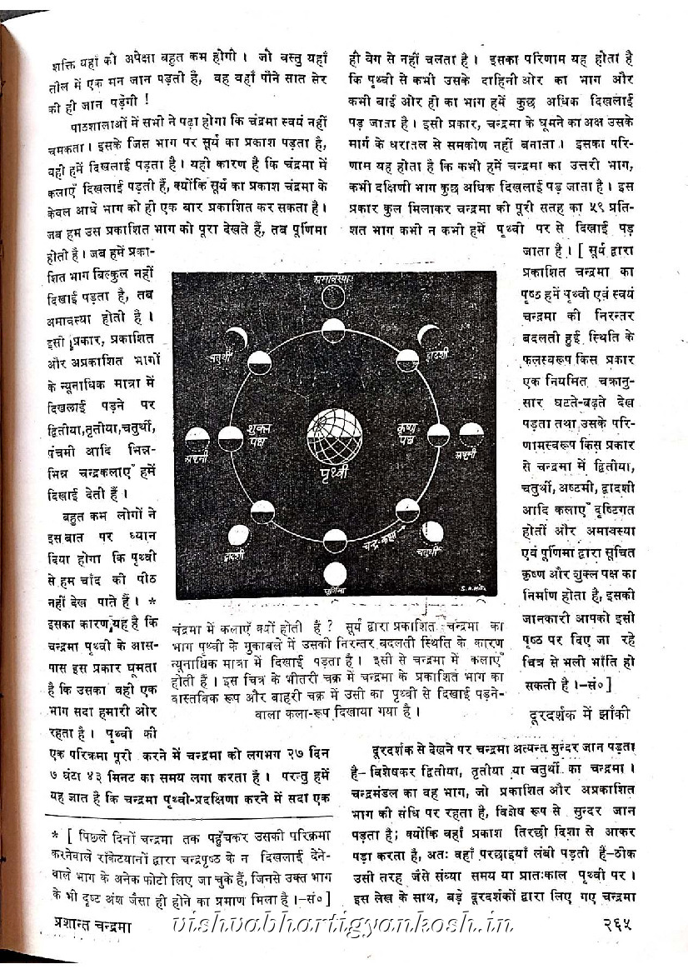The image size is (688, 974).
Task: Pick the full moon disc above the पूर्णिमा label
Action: [x=335, y=573]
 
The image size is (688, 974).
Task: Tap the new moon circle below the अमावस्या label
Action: [x=333, y=297]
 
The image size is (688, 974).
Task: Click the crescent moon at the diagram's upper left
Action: [x=237, y=337]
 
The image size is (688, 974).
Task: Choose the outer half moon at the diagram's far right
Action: [x=471, y=432]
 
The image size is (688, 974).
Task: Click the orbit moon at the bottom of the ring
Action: [x=334, y=541]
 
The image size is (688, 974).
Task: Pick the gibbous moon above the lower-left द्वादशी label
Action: [x=238, y=535]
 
